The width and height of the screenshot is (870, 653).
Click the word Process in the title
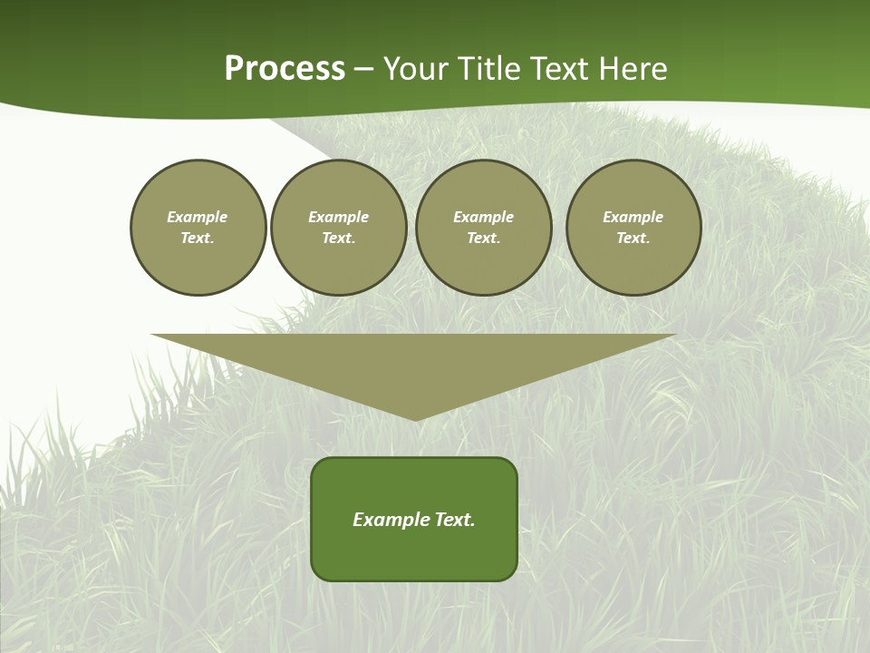click(x=285, y=69)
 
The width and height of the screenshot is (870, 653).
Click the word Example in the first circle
click(x=198, y=217)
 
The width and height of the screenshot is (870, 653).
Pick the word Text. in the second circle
click(x=339, y=238)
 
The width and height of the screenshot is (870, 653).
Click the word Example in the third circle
click(x=483, y=217)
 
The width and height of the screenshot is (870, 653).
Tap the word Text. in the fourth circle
click(x=633, y=238)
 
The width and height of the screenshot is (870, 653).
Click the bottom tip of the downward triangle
click(x=415, y=418)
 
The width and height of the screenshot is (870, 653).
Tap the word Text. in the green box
click(x=455, y=520)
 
